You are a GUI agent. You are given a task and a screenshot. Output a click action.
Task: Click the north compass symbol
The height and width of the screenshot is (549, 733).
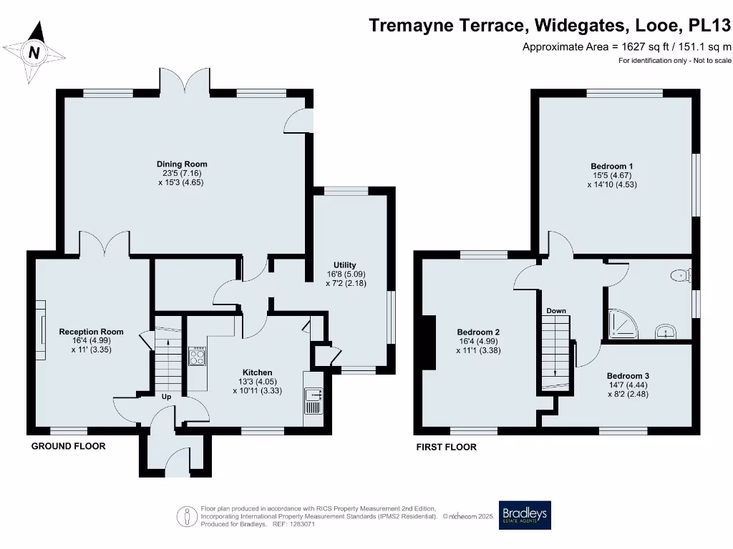coord(34,52)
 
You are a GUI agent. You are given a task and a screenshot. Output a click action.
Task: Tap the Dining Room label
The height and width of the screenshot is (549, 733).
coord(182,164)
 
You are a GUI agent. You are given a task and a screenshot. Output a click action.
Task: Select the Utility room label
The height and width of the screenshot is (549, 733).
coord(344,265)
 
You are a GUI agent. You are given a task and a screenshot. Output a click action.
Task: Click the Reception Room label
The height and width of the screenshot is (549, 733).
coord(91,332)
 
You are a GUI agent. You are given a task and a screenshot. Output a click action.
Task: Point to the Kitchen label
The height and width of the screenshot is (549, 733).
coord(257,372)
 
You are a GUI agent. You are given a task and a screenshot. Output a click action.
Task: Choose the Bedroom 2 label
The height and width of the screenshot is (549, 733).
coord(478,332)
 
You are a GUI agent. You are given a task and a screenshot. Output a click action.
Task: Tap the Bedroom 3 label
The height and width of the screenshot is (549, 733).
coord(628,376)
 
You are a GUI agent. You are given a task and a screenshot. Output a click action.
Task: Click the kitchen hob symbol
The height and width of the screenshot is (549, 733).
coord(197,355)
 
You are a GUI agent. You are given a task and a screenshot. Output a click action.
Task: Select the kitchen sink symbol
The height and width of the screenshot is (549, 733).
coord(314,400)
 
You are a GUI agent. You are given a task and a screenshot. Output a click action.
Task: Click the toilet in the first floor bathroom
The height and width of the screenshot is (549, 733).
coord(680,274)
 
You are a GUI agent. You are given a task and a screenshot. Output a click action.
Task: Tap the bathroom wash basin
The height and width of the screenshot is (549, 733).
coord(666,330)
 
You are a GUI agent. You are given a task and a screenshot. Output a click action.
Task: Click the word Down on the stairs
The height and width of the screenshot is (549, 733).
coord(556,311)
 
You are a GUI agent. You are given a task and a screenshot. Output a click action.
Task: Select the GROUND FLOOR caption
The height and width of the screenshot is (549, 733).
coord(68,446)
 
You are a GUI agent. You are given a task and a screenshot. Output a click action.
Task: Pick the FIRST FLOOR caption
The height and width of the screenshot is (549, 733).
coord(447,447)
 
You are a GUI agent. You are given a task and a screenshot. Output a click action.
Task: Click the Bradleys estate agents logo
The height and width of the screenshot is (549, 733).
coord(525,515)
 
